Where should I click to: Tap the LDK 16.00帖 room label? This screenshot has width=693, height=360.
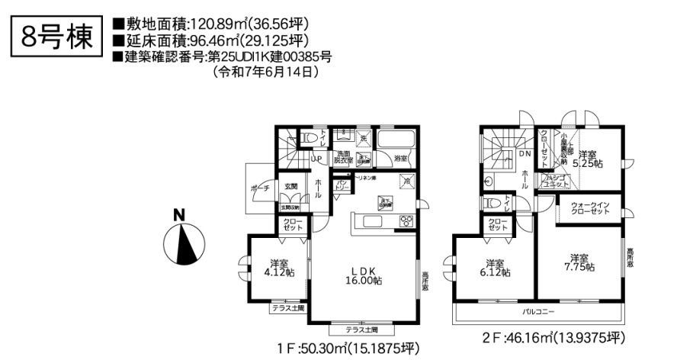[365, 275]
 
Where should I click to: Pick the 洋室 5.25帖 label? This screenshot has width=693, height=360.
[589, 158]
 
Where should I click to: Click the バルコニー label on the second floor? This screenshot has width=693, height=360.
[538, 313]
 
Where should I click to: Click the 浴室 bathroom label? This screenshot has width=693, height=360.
[402, 159]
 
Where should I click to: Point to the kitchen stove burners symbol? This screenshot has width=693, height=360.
[406, 221]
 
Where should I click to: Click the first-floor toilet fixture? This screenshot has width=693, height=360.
[309, 137]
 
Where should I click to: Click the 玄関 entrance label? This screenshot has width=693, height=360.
[291, 186]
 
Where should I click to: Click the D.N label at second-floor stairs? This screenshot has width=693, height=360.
[525, 153]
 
